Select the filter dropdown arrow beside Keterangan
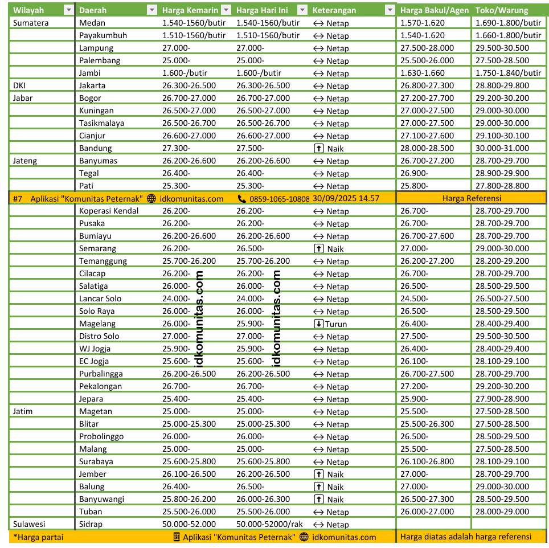[x=390, y=10]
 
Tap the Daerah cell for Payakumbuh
[x=103, y=35]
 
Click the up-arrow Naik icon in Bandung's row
[x=318, y=148]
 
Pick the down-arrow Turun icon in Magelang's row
[x=318, y=324]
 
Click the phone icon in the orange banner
[x=242, y=198]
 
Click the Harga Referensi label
[x=472, y=198]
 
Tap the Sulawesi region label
[x=29, y=524]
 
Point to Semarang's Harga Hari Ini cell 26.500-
[x=250, y=248]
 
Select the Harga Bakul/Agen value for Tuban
[x=427, y=512]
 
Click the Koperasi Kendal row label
[x=109, y=211]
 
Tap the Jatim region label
[x=23, y=411]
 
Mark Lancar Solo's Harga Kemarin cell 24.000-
[x=176, y=298]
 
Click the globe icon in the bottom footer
[x=304, y=537]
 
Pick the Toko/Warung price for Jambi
[x=508, y=73]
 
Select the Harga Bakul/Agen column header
[x=435, y=10]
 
